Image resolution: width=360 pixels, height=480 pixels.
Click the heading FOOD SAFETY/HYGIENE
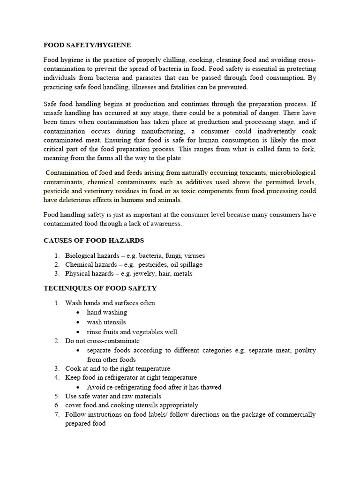coord(87,45)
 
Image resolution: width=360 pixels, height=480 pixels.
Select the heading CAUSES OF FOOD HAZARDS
coord(94,240)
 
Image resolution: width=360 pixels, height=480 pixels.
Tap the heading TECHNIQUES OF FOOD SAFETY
coord(100,288)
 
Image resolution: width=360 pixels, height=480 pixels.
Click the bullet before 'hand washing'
coord(78,313)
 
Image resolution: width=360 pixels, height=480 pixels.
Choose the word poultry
coord(304,351)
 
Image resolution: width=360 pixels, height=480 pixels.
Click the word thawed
coord(210,387)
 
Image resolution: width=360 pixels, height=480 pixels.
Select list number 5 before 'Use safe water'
coord(56,396)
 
